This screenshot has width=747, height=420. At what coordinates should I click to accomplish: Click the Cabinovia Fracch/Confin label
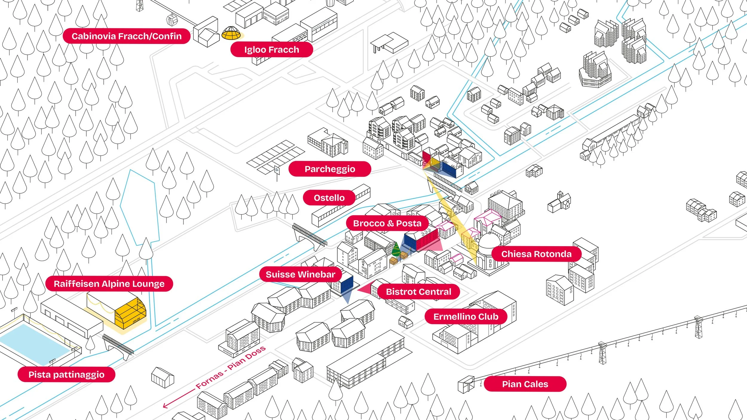click(126, 36)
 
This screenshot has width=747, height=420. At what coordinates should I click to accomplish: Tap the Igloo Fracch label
click(271, 50)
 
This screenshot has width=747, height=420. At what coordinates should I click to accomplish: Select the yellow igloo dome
click(231, 33)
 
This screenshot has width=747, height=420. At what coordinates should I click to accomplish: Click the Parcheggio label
click(330, 169)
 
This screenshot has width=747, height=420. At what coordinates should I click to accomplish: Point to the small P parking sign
click(277, 171)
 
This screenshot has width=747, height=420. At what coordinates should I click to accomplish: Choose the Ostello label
click(329, 198)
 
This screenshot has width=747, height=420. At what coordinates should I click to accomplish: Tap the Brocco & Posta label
click(387, 223)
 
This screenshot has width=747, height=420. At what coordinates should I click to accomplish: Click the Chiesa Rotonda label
click(536, 254)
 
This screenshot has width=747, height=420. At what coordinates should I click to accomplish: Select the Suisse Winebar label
click(300, 275)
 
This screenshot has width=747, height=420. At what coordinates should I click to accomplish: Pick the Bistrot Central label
click(418, 292)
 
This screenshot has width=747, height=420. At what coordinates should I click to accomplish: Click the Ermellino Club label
click(466, 317)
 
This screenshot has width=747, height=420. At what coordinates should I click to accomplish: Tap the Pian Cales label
click(525, 384)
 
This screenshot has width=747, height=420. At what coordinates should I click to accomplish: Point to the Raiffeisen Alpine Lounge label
click(109, 284)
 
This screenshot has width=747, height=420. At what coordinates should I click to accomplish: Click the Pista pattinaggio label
click(66, 375)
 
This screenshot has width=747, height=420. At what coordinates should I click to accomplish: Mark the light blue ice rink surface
click(33, 344)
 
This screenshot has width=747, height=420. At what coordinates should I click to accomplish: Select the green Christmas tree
click(396, 249)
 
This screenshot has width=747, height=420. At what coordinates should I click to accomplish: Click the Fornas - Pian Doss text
click(231, 367)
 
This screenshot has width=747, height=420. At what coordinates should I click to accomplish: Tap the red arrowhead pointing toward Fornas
click(165, 405)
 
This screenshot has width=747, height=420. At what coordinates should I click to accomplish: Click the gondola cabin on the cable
click(172, 20)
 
